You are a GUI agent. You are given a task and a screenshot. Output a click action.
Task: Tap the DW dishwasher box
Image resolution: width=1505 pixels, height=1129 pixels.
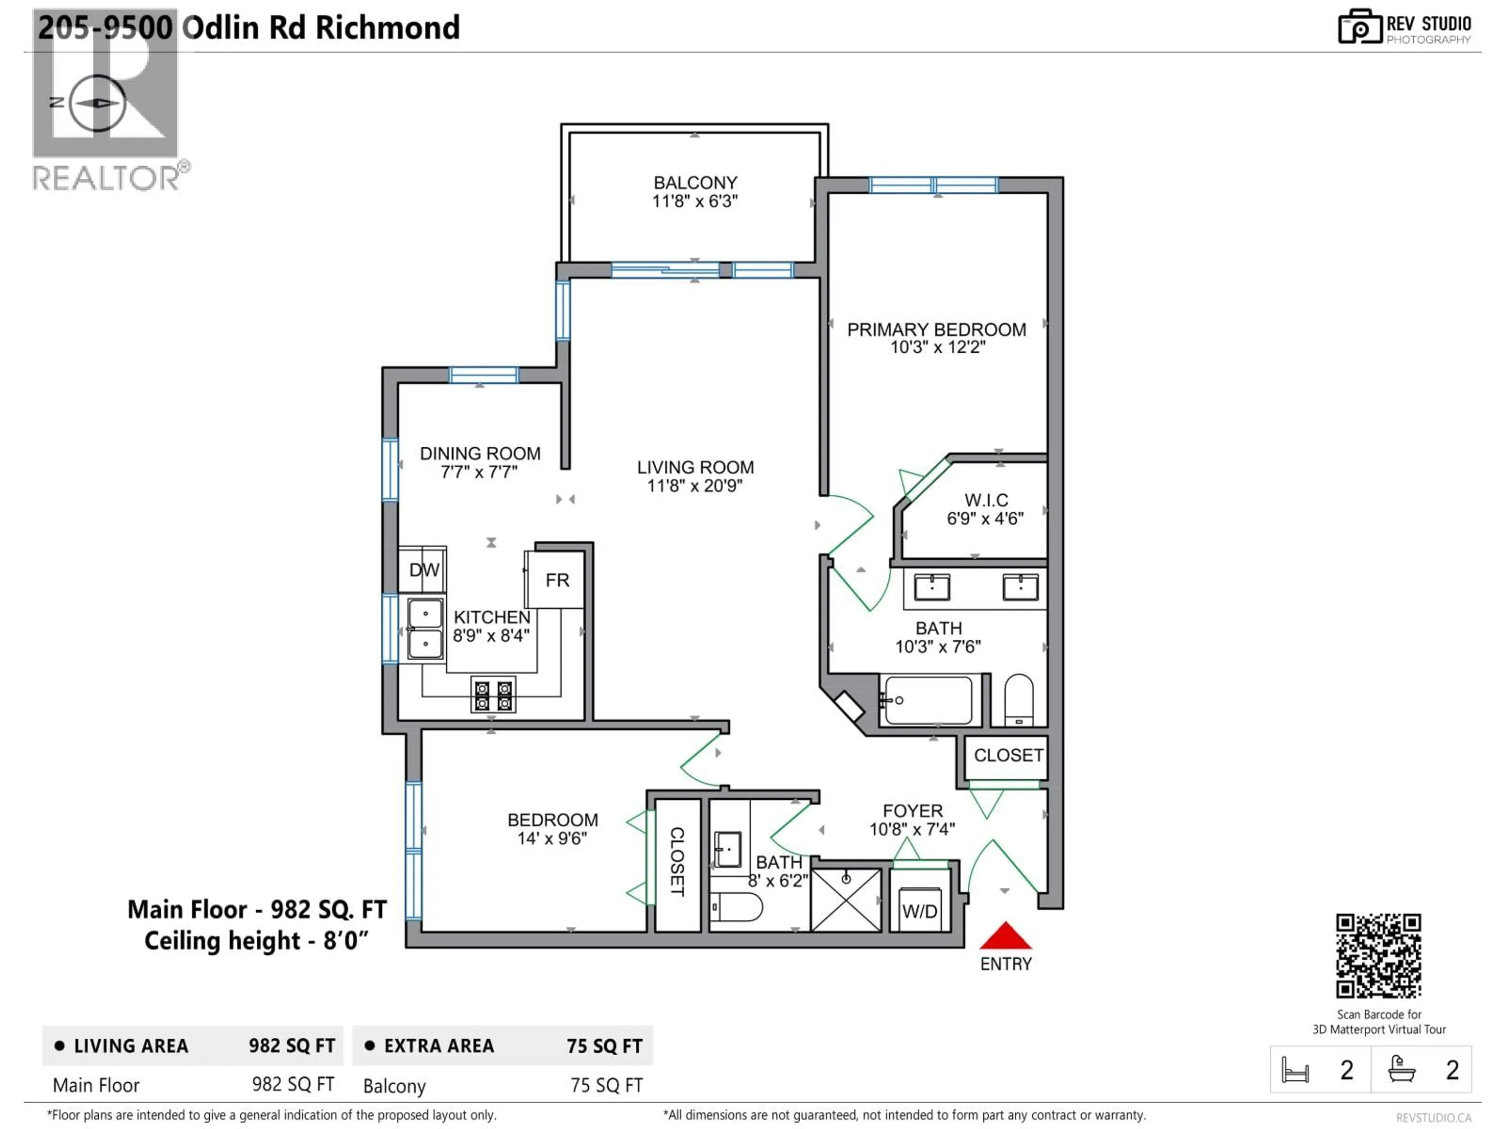click(423, 570)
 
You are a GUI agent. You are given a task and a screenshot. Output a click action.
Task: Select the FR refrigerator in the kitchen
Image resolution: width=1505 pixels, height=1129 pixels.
click(556, 580)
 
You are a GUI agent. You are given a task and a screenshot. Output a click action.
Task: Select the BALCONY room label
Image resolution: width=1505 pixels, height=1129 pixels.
click(694, 182)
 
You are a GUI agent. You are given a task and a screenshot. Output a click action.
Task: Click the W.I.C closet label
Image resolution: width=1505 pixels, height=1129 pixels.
click(986, 500)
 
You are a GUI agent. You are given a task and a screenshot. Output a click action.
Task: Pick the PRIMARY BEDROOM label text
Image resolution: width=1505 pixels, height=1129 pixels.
click(936, 329)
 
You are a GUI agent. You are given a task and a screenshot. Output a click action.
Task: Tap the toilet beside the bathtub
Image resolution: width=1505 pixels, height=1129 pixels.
click(1019, 700)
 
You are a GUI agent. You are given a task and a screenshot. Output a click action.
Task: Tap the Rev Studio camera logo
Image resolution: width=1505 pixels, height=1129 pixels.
click(1359, 27)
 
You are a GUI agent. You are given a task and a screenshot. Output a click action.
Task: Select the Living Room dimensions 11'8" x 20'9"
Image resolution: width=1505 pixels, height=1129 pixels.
click(694, 485)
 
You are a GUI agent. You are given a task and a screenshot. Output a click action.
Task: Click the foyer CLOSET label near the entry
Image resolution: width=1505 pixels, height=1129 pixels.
click(1008, 755)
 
